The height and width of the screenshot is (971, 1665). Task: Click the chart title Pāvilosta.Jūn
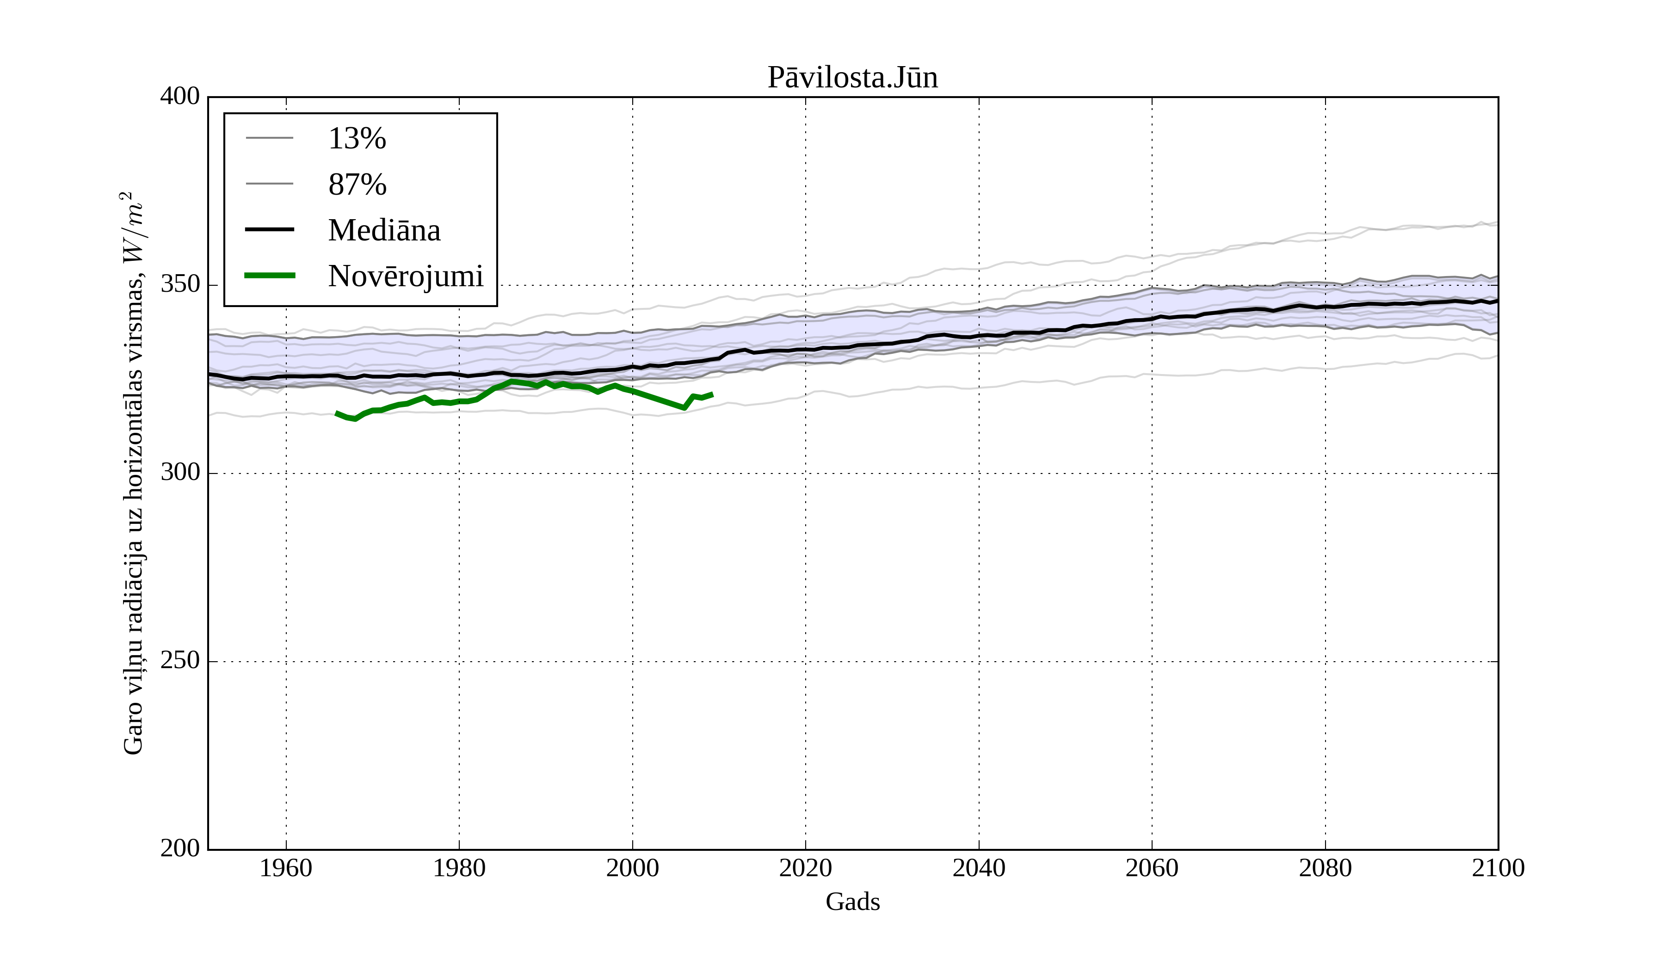point(852,78)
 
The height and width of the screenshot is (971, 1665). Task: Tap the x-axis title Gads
point(852,902)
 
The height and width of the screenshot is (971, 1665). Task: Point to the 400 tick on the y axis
point(180,97)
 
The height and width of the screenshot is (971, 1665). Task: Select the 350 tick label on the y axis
point(180,285)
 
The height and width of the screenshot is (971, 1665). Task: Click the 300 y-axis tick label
point(180,473)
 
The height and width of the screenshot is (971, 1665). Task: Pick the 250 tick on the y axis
point(180,661)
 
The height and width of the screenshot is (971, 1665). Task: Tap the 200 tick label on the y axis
point(180,849)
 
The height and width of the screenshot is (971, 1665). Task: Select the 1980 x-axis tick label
point(459,868)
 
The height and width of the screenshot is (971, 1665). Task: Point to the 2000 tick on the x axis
point(632,868)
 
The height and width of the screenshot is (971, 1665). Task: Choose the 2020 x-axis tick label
point(805,868)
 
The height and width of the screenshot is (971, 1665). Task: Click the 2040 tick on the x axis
point(979,868)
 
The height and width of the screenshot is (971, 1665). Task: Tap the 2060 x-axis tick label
point(1152,868)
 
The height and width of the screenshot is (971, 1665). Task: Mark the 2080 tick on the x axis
point(1325,868)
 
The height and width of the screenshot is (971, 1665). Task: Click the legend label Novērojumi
point(406,276)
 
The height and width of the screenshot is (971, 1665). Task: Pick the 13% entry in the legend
point(357,139)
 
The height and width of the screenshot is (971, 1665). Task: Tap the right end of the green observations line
point(712,394)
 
